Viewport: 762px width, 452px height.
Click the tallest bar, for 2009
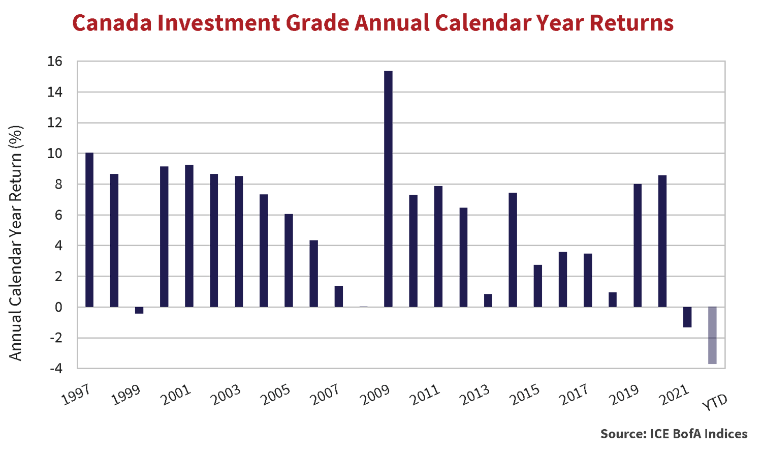click(x=388, y=189)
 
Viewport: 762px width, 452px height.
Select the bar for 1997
click(x=89, y=230)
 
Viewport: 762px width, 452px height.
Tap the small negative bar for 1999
click(x=139, y=310)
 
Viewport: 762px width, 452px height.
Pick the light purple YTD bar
click(x=712, y=335)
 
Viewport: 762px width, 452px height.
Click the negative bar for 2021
click(x=687, y=317)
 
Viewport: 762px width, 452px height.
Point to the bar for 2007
click(x=338, y=296)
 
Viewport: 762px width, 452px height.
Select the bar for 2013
click(x=488, y=300)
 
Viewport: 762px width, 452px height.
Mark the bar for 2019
click(x=638, y=246)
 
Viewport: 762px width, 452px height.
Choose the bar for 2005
click(x=289, y=260)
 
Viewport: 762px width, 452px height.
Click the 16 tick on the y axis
click(x=55, y=62)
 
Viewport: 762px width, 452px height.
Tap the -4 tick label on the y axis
click(x=56, y=369)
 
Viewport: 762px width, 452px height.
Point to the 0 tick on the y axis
click(x=58, y=307)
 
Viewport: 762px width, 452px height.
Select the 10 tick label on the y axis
click(x=55, y=154)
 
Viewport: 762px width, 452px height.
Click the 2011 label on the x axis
click(x=425, y=395)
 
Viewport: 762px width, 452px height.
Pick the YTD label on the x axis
click(x=715, y=402)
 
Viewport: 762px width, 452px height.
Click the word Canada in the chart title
click(x=112, y=23)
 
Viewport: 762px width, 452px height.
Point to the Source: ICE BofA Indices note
click(x=674, y=434)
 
